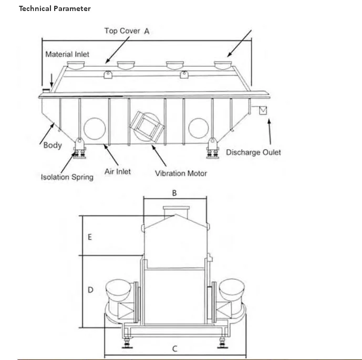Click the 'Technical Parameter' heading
coord(55,8)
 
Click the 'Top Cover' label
coord(122,31)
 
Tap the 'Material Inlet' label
coord(67,54)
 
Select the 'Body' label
coord(53,145)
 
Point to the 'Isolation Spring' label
coord(67,177)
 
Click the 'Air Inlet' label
coord(118,172)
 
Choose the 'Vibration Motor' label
coord(181,173)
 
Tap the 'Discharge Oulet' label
coord(253,153)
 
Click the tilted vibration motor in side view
coord(147,126)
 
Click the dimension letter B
coord(175,193)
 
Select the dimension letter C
coord(175,348)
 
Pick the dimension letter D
coord(90,290)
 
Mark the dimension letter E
coord(90,237)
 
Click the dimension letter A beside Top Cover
coord(147,31)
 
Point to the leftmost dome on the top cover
coord(77,66)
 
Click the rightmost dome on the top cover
coord(223,66)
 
